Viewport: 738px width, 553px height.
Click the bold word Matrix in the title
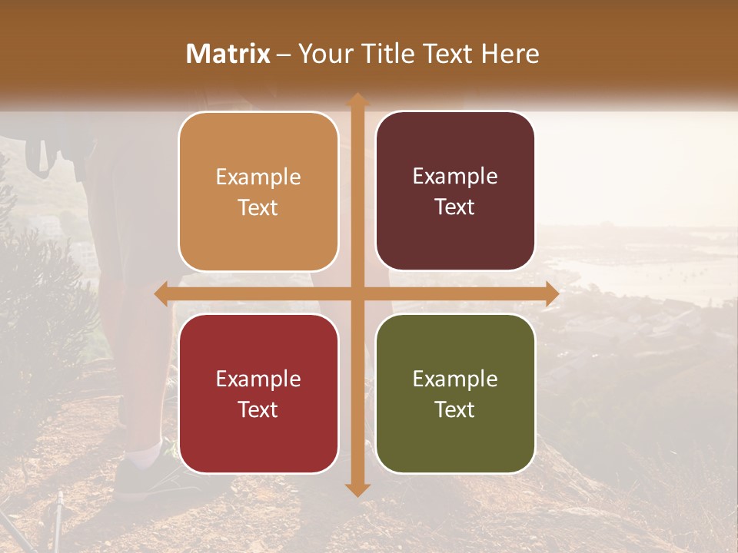tap(228, 54)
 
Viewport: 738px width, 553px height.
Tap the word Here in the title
tap(510, 54)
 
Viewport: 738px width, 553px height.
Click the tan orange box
tap(258, 192)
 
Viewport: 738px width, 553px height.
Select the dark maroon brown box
tap(455, 191)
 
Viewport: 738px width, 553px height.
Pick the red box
tap(258, 393)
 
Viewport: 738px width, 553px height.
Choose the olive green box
tap(455, 393)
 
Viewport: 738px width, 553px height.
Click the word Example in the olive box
tap(455, 379)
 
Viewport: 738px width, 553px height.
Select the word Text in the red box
tap(258, 409)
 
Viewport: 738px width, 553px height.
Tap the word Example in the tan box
tap(258, 177)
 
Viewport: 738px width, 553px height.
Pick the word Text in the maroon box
tap(455, 207)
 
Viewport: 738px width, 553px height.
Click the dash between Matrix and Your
tap(284, 55)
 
